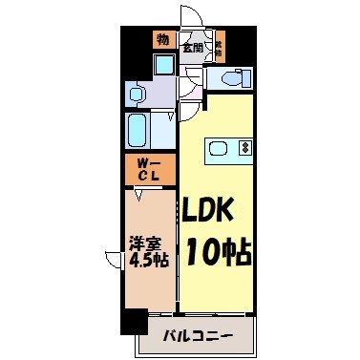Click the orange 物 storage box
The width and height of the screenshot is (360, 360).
tap(162, 39)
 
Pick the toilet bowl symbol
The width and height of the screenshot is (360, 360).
tap(230, 78)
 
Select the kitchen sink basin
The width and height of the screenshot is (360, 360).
tap(219, 148)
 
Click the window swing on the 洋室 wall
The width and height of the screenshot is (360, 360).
tap(111, 256)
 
